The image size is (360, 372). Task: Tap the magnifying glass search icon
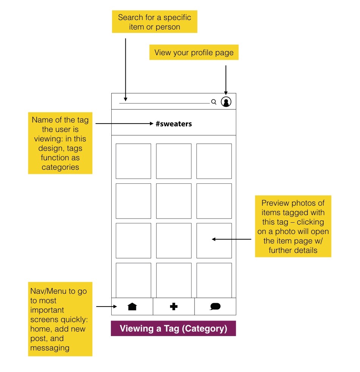[x=214, y=102]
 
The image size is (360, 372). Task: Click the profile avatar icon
[x=226, y=102]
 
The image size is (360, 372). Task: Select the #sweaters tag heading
[x=174, y=124]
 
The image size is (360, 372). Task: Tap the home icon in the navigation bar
[x=132, y=306]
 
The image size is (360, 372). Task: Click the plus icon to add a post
[x=174, y=307]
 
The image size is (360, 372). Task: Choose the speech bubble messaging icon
[x=215, y=306]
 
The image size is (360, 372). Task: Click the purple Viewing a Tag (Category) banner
[x=173, y=329]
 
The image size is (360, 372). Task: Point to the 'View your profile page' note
[x=194, y=52]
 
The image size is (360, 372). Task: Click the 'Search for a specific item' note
[x=155, y=22]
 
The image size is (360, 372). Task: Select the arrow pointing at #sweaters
[x=124, y=123]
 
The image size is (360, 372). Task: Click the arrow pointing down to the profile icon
[x=226, y=80]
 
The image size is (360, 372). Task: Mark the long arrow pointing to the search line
[x=125, y=70]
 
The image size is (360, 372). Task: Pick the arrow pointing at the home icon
[x=106, y=307]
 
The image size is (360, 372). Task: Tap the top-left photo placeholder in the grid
[x=133, y=161]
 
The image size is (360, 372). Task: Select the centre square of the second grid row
[x=174, y=201]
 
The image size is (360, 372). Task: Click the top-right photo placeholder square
[x=214, y=161]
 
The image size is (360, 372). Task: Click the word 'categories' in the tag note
[x=60, y=167]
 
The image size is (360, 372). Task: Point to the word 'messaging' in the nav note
[x=50, y=348]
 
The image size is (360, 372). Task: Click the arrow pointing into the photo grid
[x=231, y=239]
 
